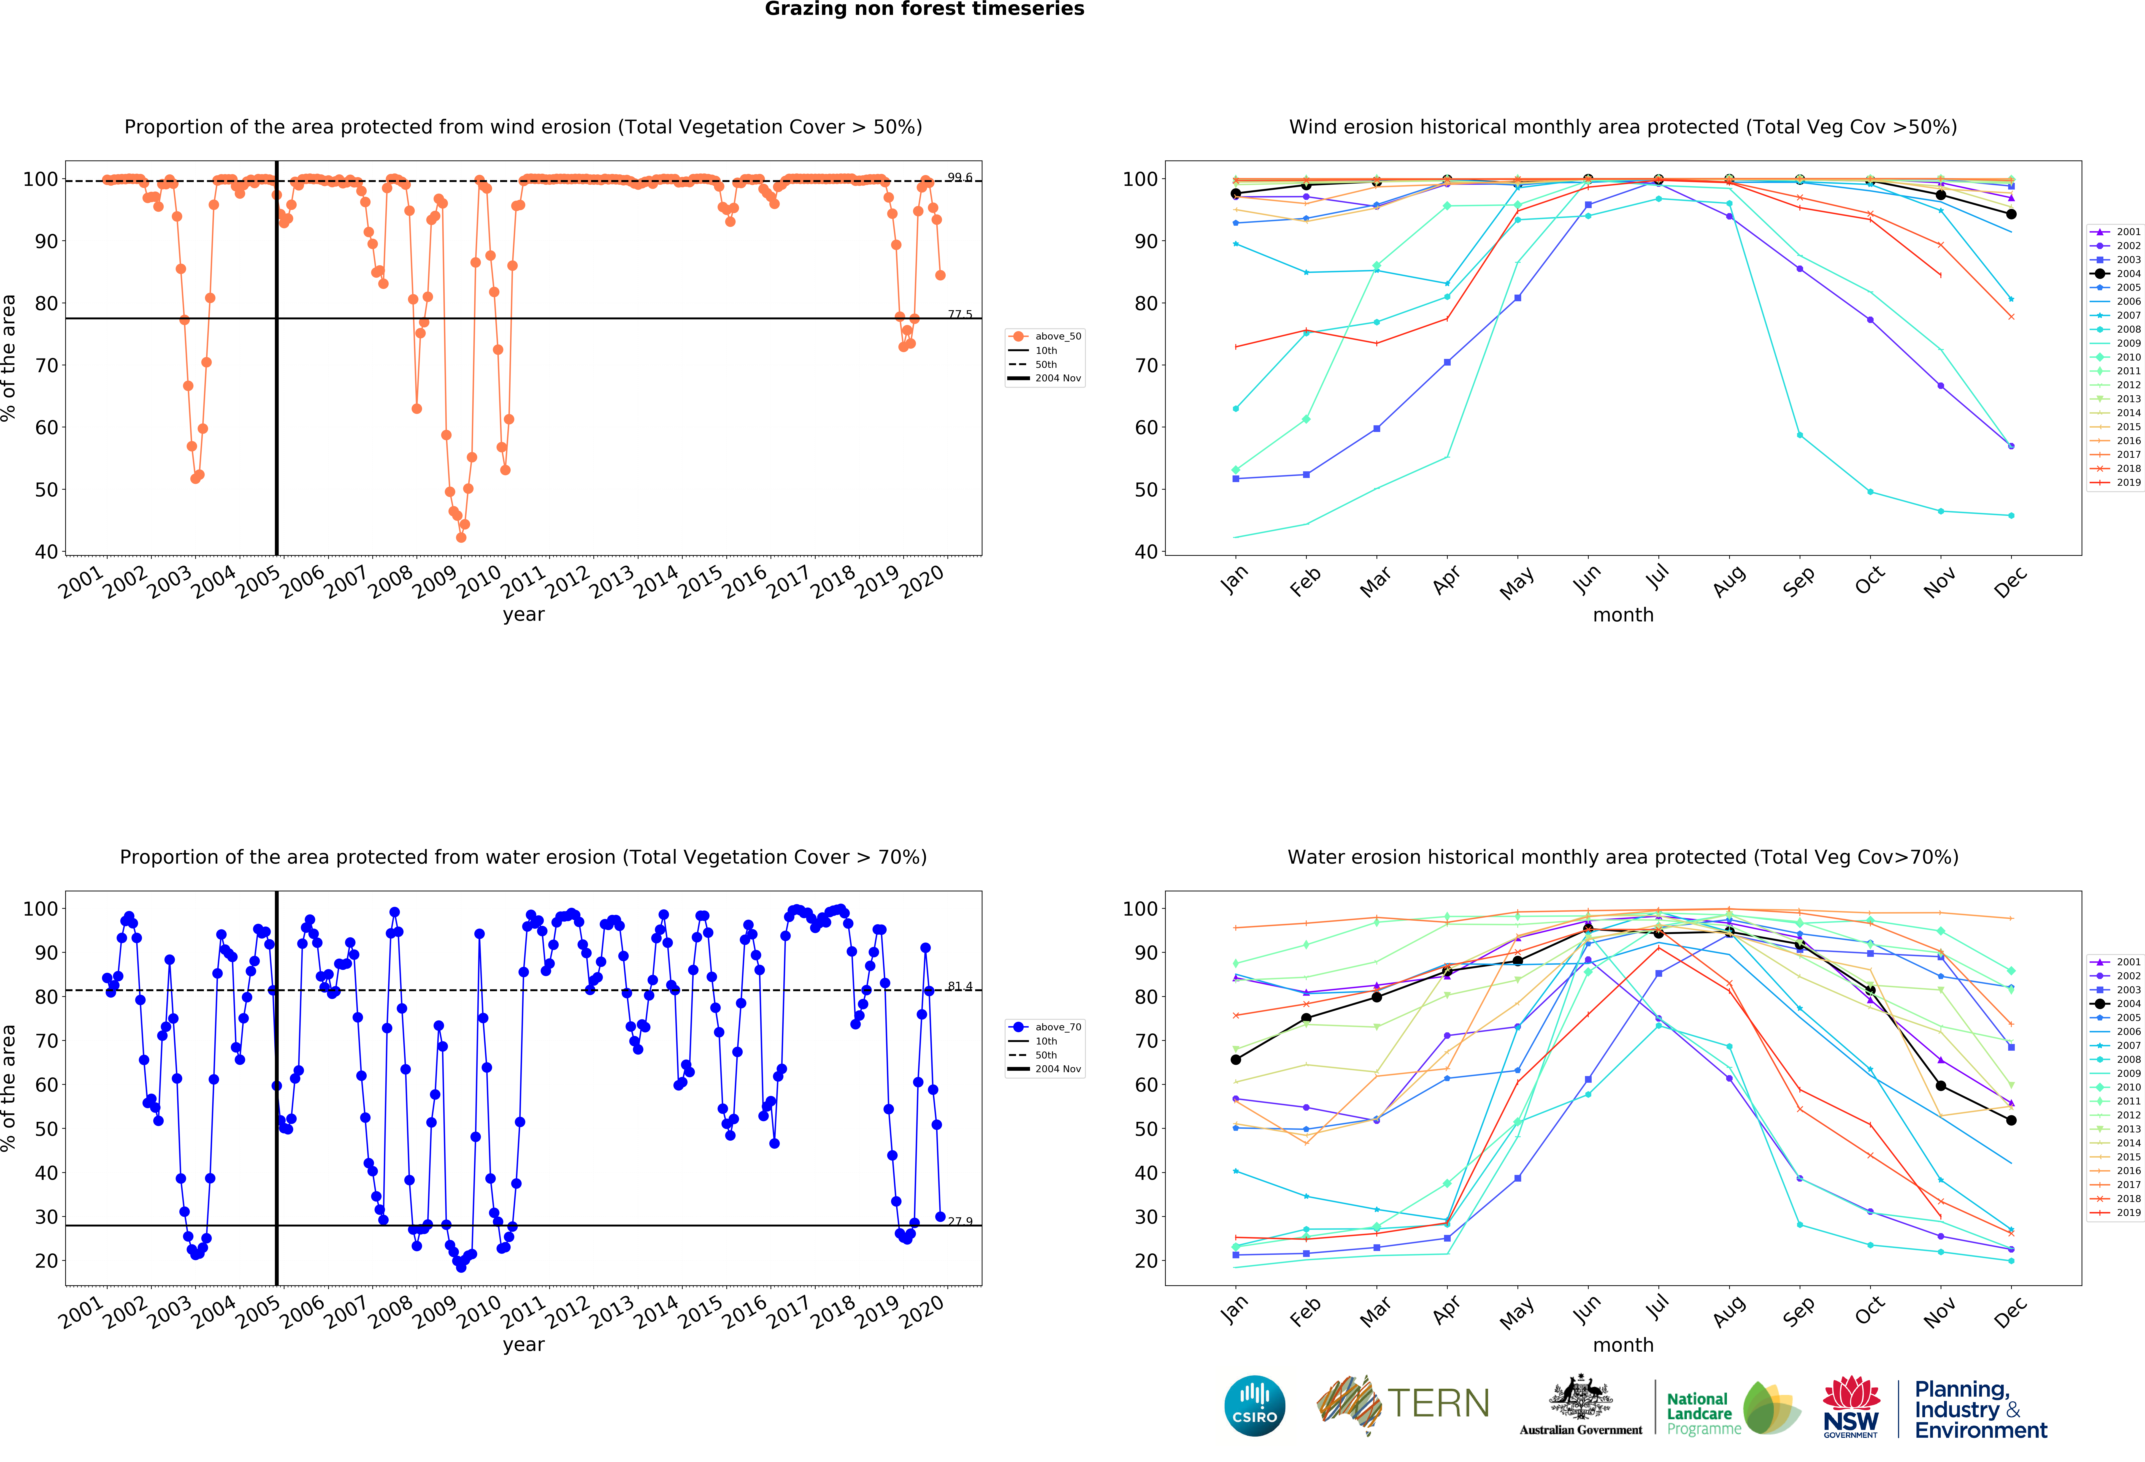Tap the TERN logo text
1438,1404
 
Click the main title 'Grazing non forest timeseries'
924,9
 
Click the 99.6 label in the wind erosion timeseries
959,177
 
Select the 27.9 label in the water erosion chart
959,1221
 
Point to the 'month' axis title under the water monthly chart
1623,1345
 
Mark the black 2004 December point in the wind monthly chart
2011,214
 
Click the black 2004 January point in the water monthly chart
1236,1060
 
